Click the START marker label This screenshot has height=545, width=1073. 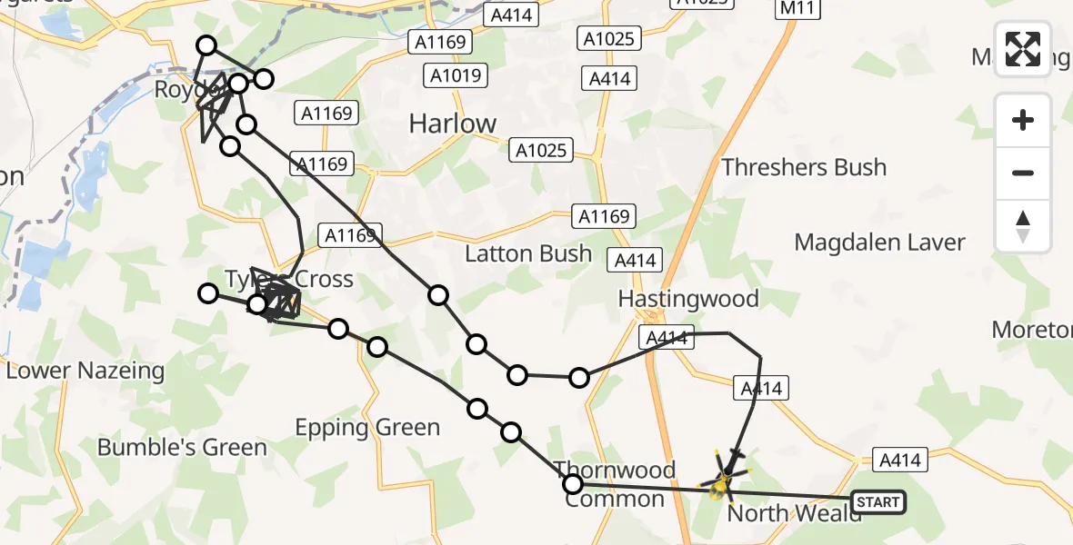point(878,502)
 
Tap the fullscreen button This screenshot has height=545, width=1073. point(1023,49)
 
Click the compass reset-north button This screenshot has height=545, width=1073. point(1023,226)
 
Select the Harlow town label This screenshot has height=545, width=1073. point(453,124)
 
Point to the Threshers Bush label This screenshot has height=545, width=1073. point(804,168)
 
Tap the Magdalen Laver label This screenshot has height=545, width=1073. point(879,243)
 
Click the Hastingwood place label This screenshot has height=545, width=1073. point(688,299)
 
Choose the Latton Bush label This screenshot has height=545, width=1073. point(528,253)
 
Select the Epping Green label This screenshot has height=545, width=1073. point(368,428)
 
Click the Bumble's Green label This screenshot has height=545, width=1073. point(182,447)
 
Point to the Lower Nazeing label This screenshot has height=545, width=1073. point(86,371)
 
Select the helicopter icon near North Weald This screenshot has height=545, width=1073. point(725,477)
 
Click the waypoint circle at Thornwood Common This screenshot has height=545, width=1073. point(573,484)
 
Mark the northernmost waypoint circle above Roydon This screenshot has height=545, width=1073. point(206,45)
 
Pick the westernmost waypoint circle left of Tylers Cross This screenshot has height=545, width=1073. point(208,292)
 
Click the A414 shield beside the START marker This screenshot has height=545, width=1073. point(900,460)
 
